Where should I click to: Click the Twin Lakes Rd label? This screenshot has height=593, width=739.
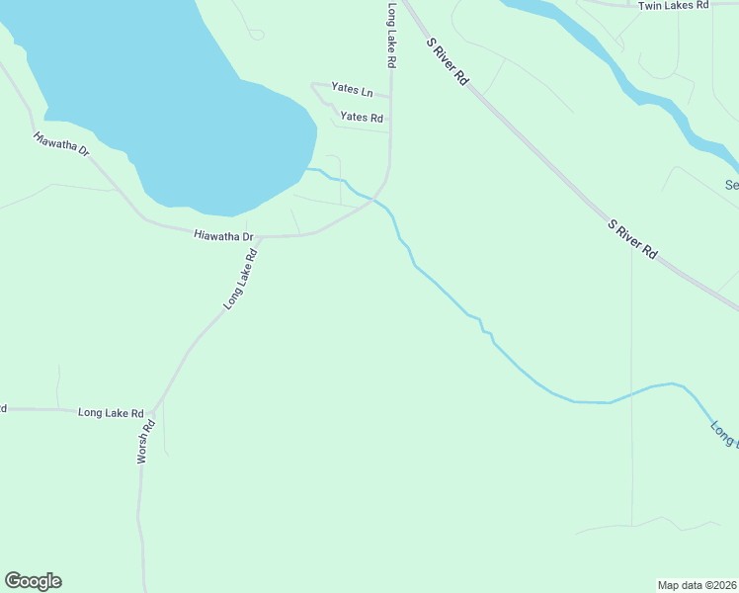[x=674, y=6]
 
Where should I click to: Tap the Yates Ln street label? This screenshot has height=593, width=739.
[x=352, y=90]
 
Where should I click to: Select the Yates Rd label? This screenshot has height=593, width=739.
[x=361, y=117]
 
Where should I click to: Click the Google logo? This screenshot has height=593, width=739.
[x=33, y=581]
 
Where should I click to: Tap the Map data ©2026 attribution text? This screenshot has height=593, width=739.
[x=697, y=584]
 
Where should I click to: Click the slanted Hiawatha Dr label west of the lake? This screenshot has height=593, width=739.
[x=61, y=144]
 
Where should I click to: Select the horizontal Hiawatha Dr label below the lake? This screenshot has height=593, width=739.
[x=224, y=236]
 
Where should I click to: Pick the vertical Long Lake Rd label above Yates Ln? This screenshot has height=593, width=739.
[x=391, y=35]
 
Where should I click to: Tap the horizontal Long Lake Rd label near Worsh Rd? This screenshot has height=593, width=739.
[x=111, y=413]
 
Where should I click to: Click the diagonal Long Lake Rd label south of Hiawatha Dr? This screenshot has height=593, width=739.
[x=240, y=280]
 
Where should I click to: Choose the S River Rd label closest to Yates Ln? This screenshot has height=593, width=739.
[x=447, y=61]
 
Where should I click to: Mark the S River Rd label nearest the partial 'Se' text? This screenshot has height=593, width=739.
[x=632, y=240]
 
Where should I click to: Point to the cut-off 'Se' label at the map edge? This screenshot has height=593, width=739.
[x=731, y=185]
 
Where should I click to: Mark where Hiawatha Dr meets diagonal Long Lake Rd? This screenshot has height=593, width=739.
[x=261, y=237]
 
